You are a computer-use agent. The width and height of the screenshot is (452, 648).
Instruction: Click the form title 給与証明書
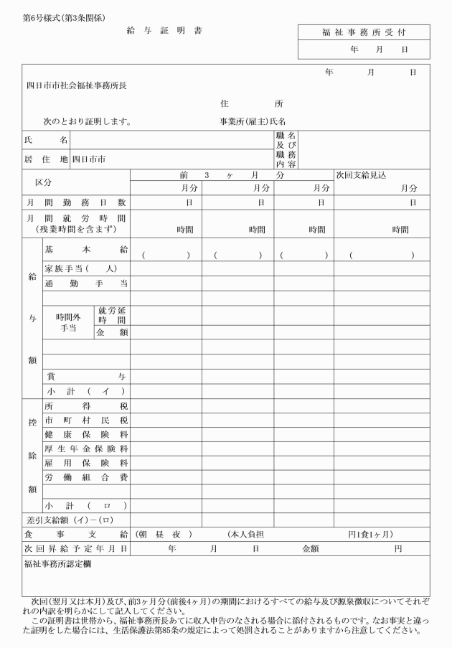click(164, 32)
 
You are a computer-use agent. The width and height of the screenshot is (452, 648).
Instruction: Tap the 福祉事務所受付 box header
click(364, 32)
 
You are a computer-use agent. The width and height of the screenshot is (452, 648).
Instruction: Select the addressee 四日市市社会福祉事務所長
click(77, 85)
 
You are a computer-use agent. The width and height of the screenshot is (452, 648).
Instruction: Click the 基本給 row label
click(86, 250)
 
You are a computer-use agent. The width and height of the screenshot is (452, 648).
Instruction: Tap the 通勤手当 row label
click(86, 283)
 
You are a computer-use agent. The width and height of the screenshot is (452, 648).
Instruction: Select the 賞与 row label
click(86, 375)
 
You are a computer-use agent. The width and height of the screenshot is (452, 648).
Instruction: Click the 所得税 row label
click(86, 405)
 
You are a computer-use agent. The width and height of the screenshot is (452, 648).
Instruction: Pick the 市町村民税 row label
click(86, 420)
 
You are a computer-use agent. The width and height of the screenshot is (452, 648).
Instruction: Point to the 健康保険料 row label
click(86, 434)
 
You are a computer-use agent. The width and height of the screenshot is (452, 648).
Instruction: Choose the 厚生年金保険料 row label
click(86, 449)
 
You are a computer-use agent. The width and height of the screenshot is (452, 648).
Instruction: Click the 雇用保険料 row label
click(86, 463)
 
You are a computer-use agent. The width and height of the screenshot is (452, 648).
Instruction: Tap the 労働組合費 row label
click(86, 477)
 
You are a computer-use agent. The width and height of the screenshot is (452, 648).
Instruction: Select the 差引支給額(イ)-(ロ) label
click(68, 519)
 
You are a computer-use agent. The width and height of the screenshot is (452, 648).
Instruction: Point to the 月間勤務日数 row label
click(76, 203)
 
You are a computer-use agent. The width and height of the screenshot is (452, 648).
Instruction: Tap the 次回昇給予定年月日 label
click(76, 548)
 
